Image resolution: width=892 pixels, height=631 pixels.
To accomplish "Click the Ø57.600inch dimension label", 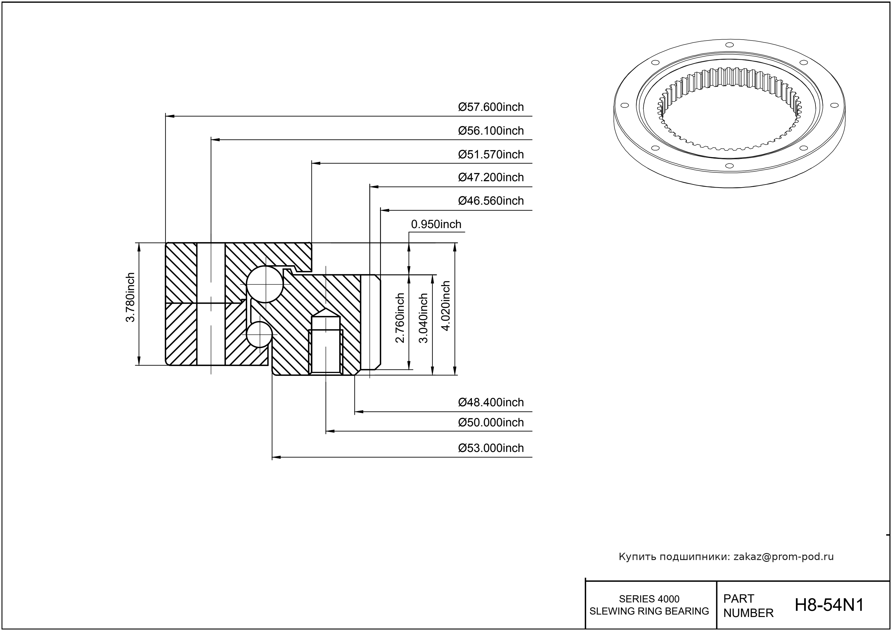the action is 491,107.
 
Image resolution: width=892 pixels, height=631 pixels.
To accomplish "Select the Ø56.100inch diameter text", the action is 491,131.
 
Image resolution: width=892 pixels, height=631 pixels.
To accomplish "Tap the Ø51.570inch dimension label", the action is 491,154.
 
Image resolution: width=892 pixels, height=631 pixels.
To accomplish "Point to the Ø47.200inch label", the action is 491,177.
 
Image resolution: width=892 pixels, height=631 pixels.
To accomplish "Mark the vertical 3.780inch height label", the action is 130,297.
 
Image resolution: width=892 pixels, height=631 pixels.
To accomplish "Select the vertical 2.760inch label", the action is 400,318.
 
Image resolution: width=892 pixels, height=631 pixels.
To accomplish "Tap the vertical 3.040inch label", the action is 423,318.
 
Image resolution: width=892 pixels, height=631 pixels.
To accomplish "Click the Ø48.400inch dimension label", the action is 491,402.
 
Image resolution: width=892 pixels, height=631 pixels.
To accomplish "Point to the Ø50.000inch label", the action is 491,422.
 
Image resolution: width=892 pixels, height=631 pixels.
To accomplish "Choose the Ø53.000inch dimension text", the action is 491,448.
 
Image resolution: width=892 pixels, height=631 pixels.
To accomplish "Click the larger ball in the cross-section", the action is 265,284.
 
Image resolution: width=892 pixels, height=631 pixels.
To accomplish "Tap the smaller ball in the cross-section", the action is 259,334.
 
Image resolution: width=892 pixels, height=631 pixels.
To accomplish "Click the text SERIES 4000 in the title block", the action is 649,599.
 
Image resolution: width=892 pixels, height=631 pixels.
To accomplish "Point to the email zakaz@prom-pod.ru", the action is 784,557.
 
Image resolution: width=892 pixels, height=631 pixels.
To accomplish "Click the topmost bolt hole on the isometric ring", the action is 727,45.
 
